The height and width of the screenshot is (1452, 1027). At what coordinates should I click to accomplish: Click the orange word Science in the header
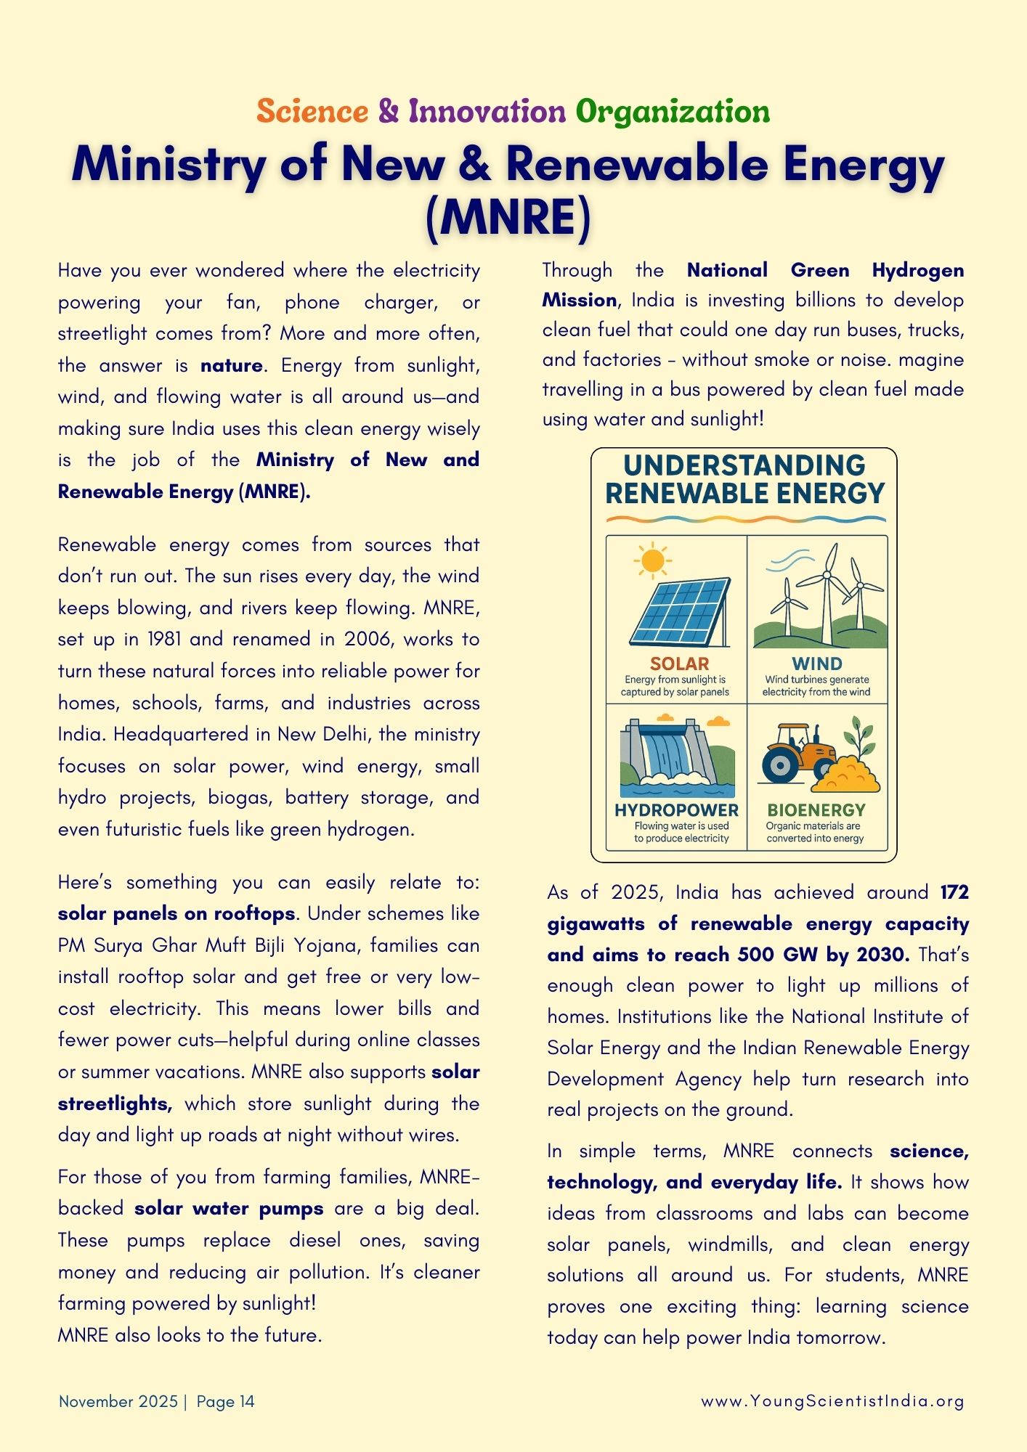[x=312, y=112]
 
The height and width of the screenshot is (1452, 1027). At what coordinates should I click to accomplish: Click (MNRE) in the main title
[x=508, y=217]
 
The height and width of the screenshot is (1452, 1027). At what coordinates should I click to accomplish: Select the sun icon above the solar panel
[x=652, y=560]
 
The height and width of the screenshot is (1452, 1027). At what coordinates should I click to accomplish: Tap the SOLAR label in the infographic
[x=679, y=664]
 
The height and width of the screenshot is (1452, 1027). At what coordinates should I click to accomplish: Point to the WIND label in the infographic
[x=817, y=664]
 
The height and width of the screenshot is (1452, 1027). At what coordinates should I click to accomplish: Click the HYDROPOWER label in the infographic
[x=676, y=810]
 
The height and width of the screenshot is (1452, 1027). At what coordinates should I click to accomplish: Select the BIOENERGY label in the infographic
[x=816, y=810]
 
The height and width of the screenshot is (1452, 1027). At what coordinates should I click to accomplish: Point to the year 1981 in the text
[x=165, y=640]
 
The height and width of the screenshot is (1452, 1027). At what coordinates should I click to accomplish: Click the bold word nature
[x=232, y=365]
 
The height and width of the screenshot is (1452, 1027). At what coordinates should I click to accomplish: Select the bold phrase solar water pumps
[x=229, y=1209]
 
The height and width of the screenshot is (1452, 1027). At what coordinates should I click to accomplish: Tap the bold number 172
[x=954, y=892]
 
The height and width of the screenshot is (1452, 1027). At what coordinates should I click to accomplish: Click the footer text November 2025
[x=118, y=1401]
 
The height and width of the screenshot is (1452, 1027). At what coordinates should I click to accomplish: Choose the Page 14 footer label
[x=226, y=1401]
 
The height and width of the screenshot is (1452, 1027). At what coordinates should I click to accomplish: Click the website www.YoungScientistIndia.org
[x=832, y=1401]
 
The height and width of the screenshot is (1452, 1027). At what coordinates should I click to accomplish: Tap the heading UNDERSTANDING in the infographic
[x=744, y=465]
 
